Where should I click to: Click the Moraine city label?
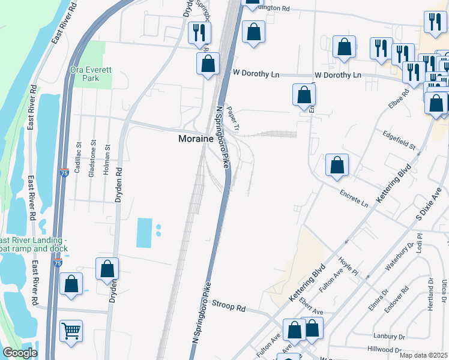197,139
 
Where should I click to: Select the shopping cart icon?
71,330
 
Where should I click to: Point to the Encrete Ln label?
353,199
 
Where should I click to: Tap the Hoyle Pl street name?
348,266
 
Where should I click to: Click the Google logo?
19,353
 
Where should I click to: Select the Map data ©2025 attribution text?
423,355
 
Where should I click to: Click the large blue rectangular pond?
145,233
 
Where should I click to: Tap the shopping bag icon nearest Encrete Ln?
337,166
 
